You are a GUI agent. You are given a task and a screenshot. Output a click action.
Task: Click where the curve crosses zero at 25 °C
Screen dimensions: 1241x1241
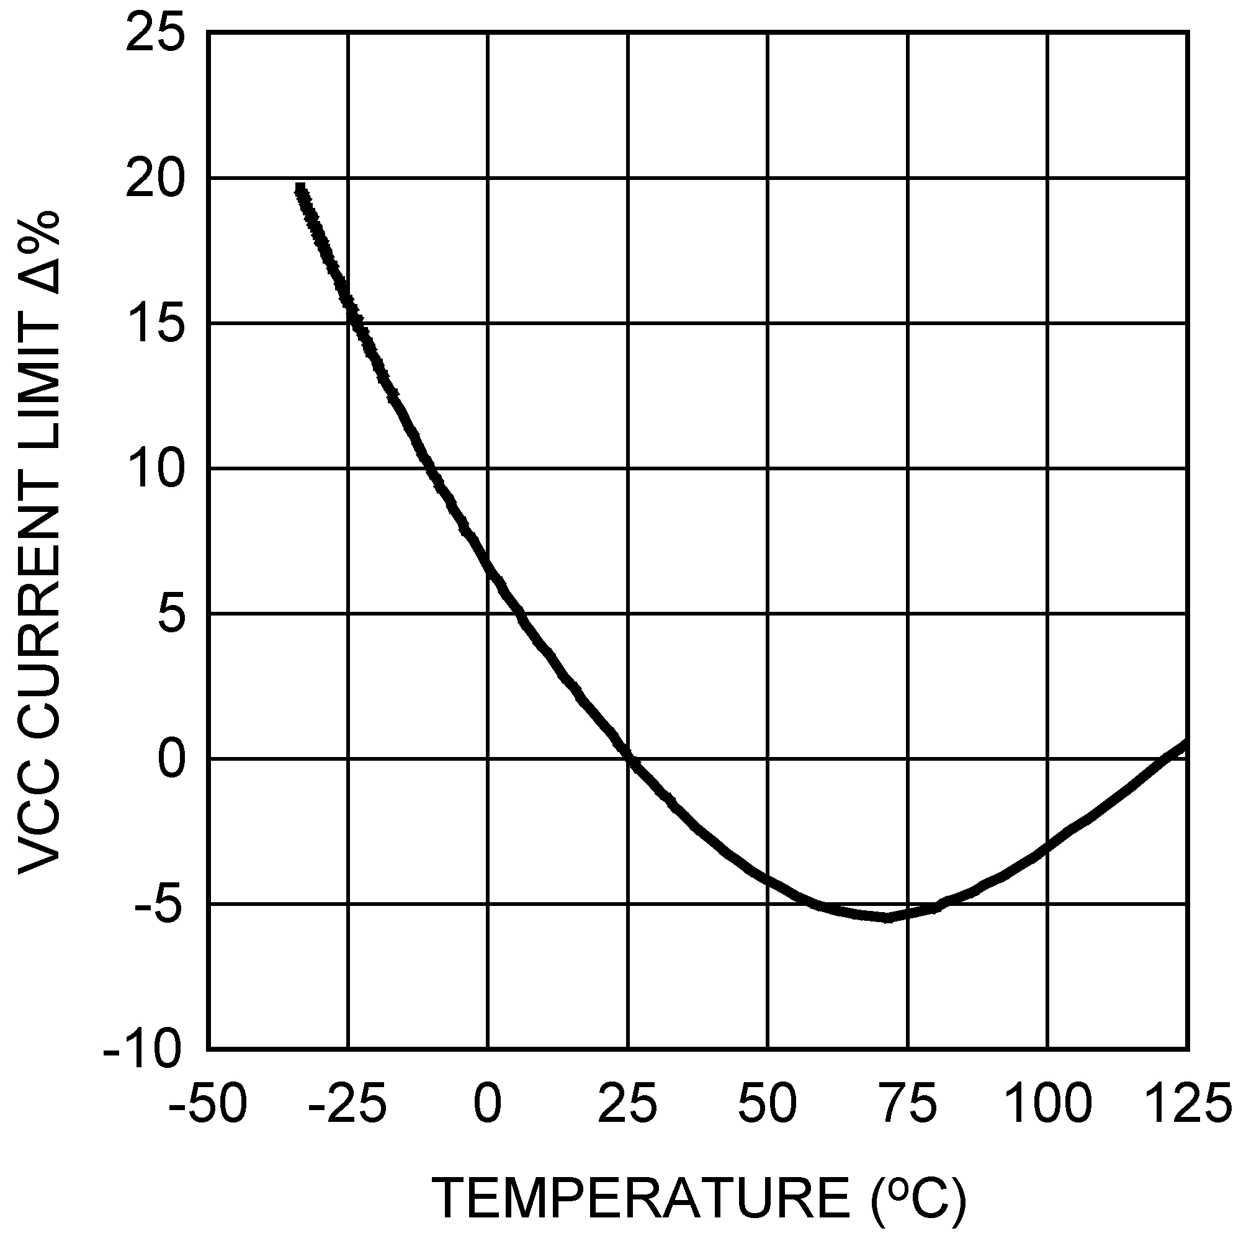point(629,760)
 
